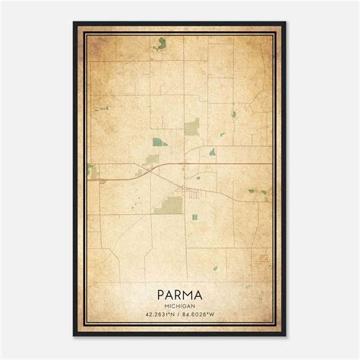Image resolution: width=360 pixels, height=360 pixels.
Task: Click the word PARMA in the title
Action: [x=180, y=291]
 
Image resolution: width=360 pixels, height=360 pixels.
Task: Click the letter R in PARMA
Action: [x=179, y=291]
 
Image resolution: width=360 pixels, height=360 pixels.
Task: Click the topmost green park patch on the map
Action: [x=161, y=43]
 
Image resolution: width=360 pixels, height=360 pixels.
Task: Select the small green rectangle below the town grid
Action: [x=194, y=217]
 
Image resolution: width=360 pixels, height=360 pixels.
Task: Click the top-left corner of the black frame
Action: [x=74, y=23]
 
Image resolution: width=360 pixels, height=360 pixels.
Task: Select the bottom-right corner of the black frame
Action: [x=286, y=336]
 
